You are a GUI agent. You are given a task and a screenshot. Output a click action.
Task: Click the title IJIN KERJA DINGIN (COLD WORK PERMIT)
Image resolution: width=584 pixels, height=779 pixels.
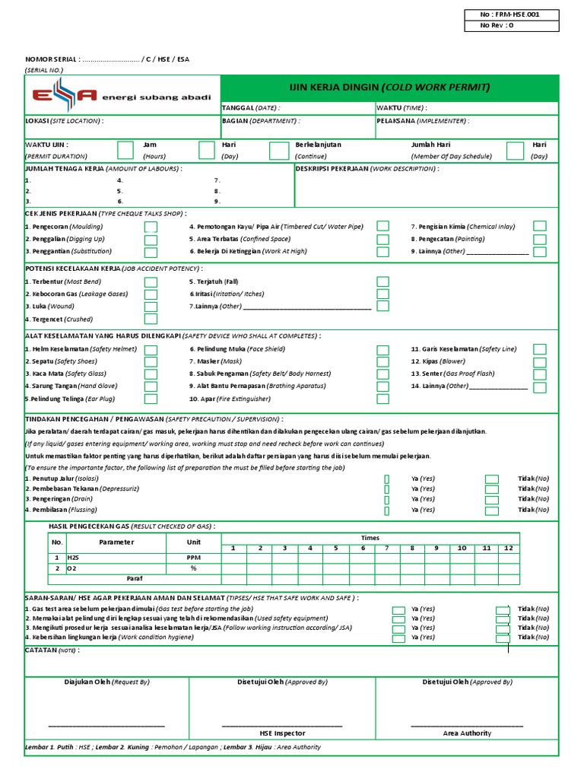click(391, 87)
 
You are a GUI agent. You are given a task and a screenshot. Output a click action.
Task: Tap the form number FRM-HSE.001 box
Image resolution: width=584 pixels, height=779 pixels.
click(512, 14)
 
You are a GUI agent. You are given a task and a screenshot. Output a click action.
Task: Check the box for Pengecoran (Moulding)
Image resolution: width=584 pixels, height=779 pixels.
click(151, 227)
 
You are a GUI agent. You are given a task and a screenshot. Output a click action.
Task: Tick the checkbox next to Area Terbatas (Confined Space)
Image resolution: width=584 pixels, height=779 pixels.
click(382, 239)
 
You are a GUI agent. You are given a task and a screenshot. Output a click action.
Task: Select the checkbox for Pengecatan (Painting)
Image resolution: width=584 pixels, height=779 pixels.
click(539, 239)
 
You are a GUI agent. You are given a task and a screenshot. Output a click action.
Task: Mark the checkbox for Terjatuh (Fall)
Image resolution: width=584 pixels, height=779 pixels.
click(382, 281)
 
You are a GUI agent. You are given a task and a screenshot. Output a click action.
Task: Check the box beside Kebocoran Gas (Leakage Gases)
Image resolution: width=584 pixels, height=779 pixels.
click(151, 294)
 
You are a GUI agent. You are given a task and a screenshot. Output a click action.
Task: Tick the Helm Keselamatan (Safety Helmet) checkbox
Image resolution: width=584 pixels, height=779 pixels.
click(151, 349)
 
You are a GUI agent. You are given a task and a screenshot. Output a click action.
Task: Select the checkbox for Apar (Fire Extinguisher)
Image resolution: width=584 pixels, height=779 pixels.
click(382, 399)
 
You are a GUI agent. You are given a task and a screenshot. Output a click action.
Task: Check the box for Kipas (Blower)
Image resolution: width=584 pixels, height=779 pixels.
click(539, 361)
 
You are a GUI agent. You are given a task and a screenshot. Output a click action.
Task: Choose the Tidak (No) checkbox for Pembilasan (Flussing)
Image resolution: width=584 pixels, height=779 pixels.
click(492, 510)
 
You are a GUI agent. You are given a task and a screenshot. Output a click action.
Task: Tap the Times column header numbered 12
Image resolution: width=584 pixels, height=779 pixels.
click(508, 548)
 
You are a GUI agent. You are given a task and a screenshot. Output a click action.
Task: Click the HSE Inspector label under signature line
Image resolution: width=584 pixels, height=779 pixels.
click(282, 733)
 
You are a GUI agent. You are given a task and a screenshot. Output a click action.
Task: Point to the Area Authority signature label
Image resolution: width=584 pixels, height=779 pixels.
click(467, 733)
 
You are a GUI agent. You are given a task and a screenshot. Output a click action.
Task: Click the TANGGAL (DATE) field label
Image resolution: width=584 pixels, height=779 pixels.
click(249, 108)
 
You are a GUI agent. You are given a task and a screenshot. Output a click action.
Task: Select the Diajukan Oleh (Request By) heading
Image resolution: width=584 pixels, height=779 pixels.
click(106, 682)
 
